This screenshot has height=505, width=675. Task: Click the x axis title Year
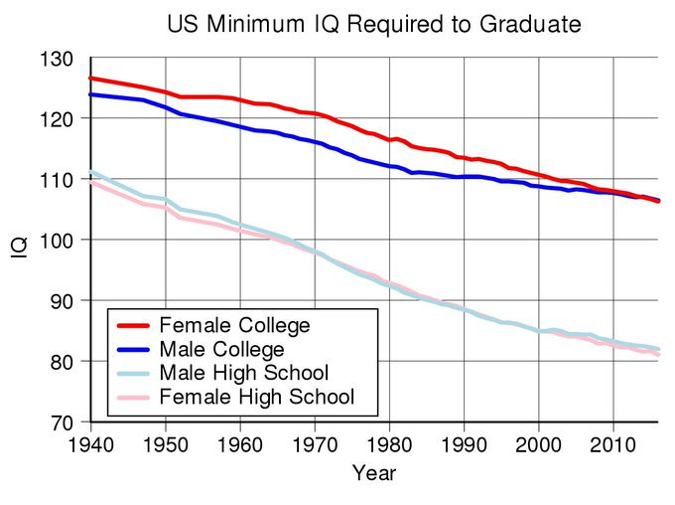click(x=374, y=473)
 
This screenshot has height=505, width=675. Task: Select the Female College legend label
click(x=235, y=325)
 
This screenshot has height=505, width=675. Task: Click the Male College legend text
click(x=222, y=349)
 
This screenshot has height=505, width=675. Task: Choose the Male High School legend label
click(x=244, y=373)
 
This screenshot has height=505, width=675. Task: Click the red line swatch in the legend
click(x=133, y=325)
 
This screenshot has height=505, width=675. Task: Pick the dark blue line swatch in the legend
click(x=133, y=349)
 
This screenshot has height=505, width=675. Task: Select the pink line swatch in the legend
click(x=133, y=397)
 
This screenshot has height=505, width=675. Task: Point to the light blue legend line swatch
click(x=133, y=373)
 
